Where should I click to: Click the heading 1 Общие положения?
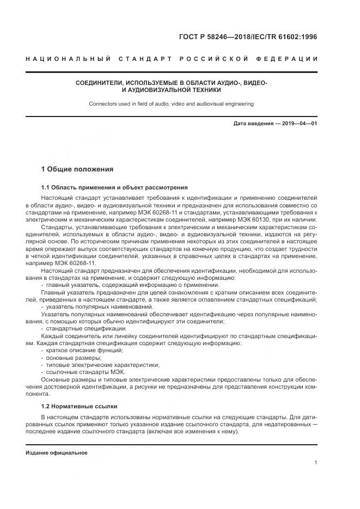click(77, 169)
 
